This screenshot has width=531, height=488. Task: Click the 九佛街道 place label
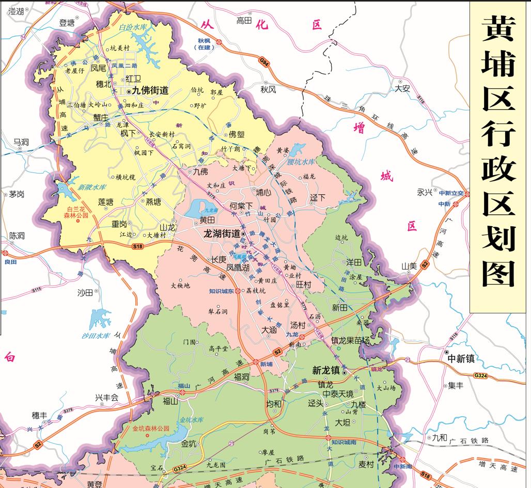pyautogui.click(x=150, y=90)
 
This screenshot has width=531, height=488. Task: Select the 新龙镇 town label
pyautogui.click(x=326, y=370)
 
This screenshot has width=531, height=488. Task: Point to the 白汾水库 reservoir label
pyautogui.click(x=132, y=27)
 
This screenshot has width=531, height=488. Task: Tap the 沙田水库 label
pyautogui.click(x=96, y=336)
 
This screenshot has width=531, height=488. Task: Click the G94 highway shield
pyautogui.click(x=264, y=62)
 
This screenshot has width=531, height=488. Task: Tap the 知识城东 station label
pyautogui.click(x=222, y=291)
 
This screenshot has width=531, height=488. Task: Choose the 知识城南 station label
pyautogui.click(x=343, y=442)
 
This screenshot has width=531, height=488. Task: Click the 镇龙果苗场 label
pyautogui.click(x=350, y=341)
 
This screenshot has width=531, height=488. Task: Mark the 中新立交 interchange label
pyautogui.click(x=451, y=193)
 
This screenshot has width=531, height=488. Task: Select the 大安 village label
pyautogui.click(x=402, y=88)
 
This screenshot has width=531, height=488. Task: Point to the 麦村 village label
pyautogui.click(x=366, y=464)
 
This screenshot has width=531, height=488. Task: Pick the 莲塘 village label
pyautogui.click(x=106, y=202)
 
